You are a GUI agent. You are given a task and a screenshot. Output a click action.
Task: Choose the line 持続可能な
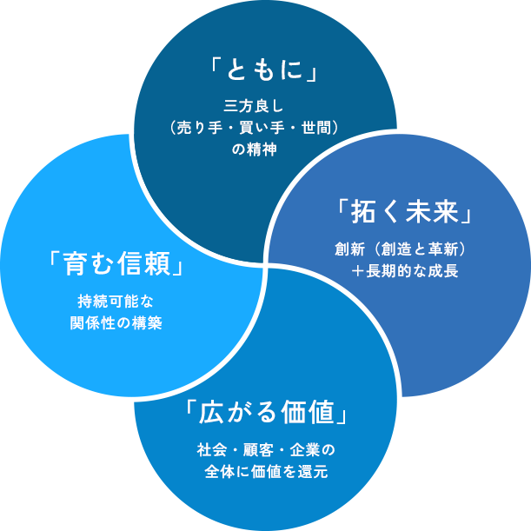point(116,302)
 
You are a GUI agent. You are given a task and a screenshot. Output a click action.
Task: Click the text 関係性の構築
point(116,323)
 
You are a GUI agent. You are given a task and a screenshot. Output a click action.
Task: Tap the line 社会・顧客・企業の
point(266,450)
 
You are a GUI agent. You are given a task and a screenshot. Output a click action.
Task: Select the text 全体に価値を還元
point(266,472)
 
